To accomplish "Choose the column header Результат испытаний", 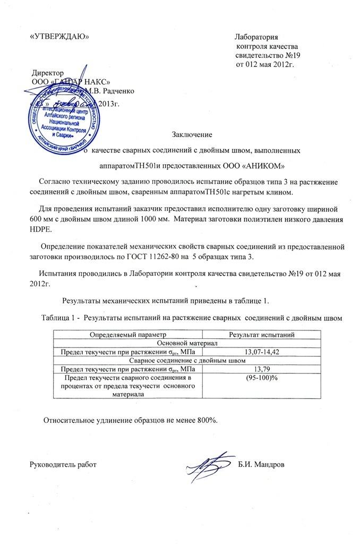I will pos(262,334).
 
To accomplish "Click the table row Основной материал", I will pos(187,343).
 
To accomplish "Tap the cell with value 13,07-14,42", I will pos(262,352).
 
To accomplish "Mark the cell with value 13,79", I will pos(262,369).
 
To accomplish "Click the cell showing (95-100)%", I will pos(262,378).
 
